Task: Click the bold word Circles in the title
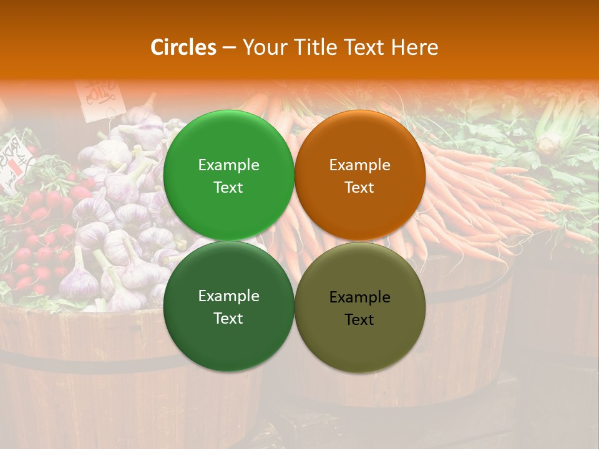183,47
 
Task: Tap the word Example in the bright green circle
228,165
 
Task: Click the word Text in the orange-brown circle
359,188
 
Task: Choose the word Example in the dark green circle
228,296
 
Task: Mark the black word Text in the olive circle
359,320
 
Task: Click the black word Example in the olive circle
359,297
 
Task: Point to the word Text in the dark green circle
228,319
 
